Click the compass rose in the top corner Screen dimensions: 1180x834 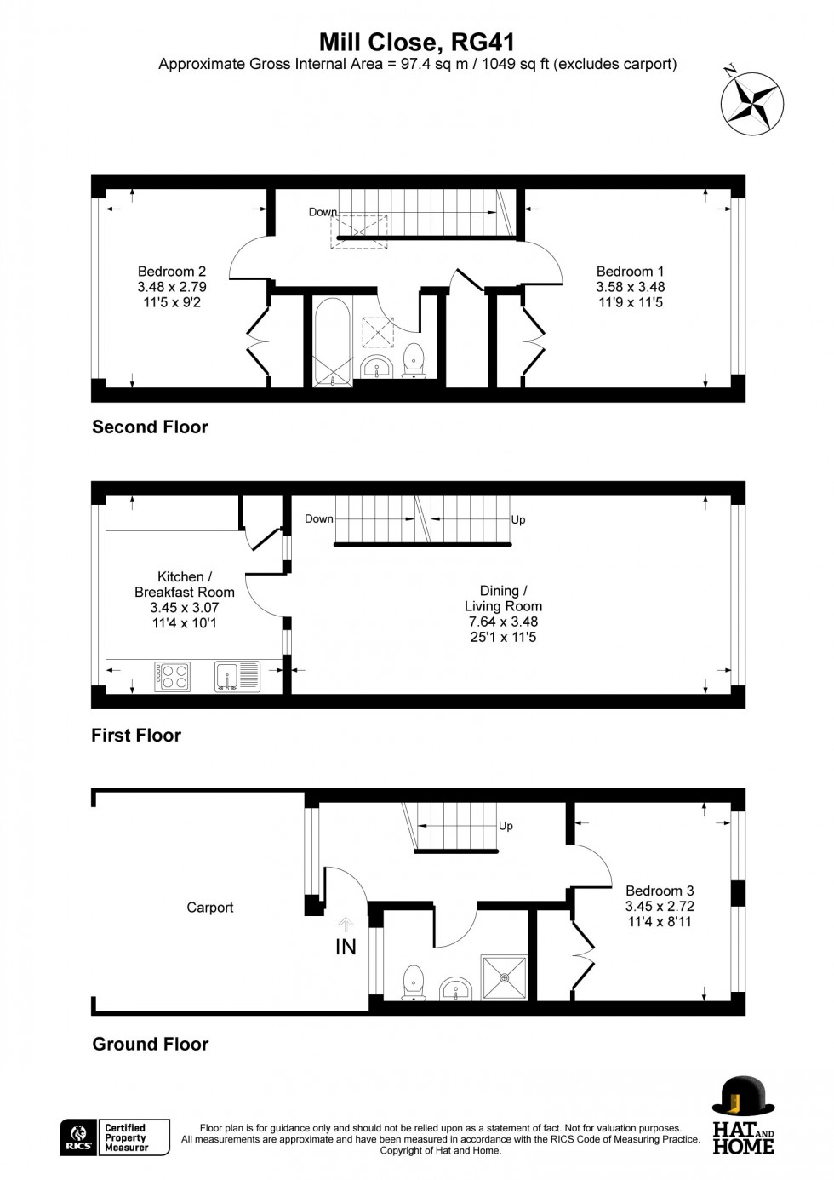coord(752,104)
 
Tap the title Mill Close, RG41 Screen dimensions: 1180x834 coord(416,42)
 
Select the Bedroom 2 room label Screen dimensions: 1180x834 coord(172,272)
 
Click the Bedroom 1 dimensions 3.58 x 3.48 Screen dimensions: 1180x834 coord(630,287)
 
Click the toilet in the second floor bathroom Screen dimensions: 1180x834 coord(414,360)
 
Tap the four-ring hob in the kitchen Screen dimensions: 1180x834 coord(173,676)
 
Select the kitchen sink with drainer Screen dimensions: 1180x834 coord(237,676)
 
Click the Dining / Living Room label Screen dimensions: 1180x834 coord(503,599)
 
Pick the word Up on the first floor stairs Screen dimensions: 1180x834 coord(517,519)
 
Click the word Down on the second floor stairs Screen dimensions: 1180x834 coord(323,212)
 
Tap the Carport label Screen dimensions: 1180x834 coord(209,908)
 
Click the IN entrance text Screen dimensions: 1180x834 coord(346,947)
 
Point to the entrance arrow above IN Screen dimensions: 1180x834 coord(346,925)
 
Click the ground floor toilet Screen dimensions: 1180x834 coord(413,982)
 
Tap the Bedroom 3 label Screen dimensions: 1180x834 coord(660,891)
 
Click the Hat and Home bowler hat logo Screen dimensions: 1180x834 coord(743,1096)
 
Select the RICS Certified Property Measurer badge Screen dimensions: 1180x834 coord(115,1137)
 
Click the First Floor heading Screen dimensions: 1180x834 coord(136,736)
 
